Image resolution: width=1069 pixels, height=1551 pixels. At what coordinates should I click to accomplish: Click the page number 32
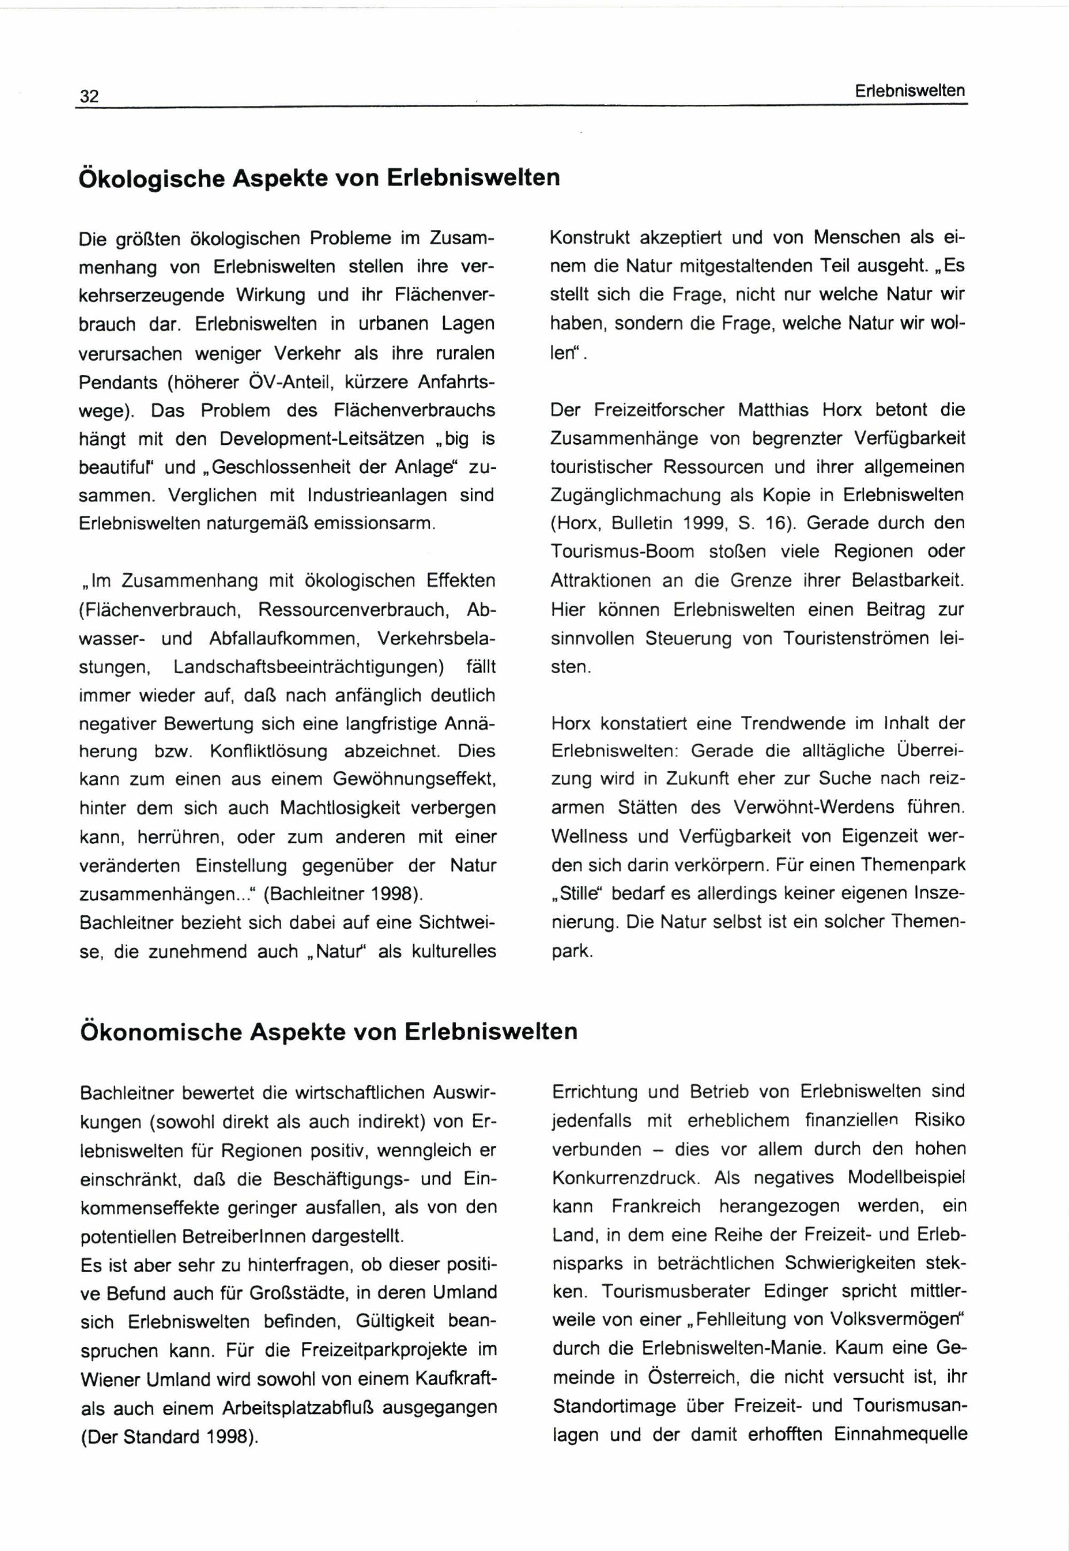coord(89,96)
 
